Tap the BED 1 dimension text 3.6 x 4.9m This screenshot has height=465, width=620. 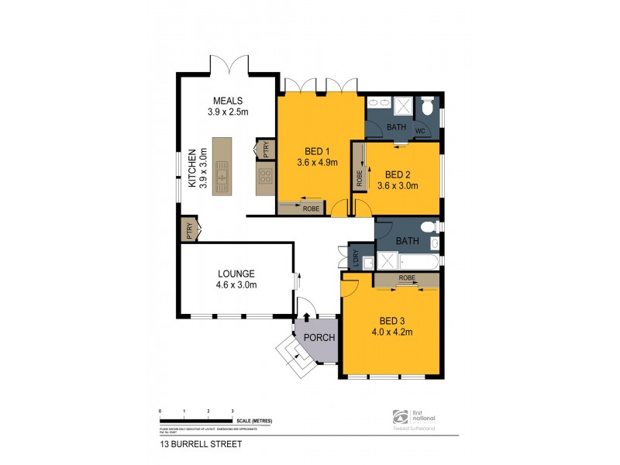(319, 163)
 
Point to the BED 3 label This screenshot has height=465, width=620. (391, 320)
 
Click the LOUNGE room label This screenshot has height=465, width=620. (236, 273)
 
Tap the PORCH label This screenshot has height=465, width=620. (318, 337)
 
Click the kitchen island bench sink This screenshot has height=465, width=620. (223, 177)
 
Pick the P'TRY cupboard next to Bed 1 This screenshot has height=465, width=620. (263, 149)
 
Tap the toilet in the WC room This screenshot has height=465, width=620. (427, 107)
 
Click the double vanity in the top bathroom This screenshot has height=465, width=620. (380, 103)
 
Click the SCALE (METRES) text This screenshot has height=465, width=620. (254, 420)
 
